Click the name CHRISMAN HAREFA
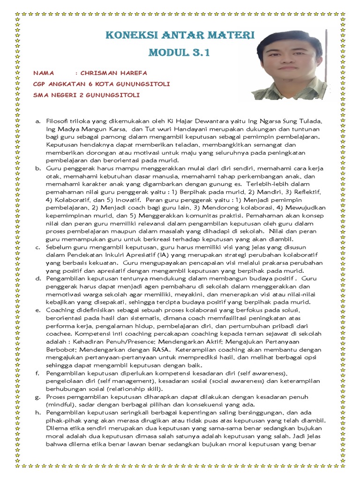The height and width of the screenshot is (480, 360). click(x=114, y=73)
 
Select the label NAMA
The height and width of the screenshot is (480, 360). click(x=44, y=73)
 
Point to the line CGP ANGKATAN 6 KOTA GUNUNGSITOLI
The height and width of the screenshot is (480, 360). click(x=95, y=84)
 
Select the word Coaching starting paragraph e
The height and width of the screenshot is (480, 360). click(x=60, y=310)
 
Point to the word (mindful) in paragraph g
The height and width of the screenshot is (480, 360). click(x=60, y=405)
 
